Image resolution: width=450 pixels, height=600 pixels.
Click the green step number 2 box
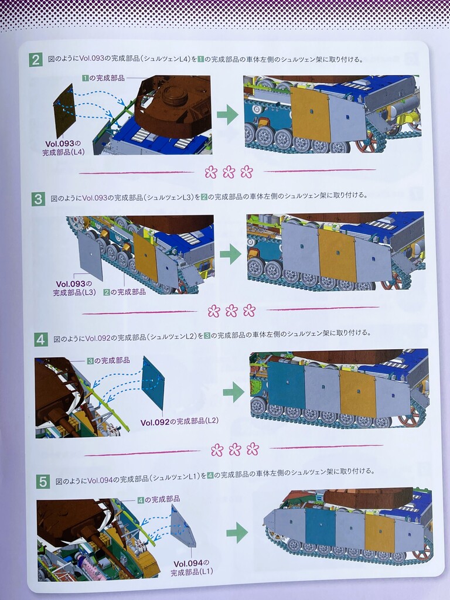(36, 60)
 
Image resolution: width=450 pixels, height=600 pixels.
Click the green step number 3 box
(38, 199)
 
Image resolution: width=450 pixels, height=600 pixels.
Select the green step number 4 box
(41, 339)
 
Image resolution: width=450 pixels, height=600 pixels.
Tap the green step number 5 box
(43, 482)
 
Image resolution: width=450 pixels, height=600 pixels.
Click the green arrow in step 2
(228, 114)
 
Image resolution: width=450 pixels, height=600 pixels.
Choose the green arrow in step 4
(233, 392)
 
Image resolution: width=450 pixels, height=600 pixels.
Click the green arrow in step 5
(237, 532)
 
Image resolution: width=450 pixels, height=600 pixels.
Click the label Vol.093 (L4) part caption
(63, 148)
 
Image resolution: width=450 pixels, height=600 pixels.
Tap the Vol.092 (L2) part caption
(179, 422)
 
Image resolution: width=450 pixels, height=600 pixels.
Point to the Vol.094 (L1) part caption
(192, 567)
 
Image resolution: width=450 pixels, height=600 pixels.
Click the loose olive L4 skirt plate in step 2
(64, 111)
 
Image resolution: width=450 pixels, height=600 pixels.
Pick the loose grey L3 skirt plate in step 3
(90, 255)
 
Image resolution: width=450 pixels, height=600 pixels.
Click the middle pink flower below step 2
(229, 172)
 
